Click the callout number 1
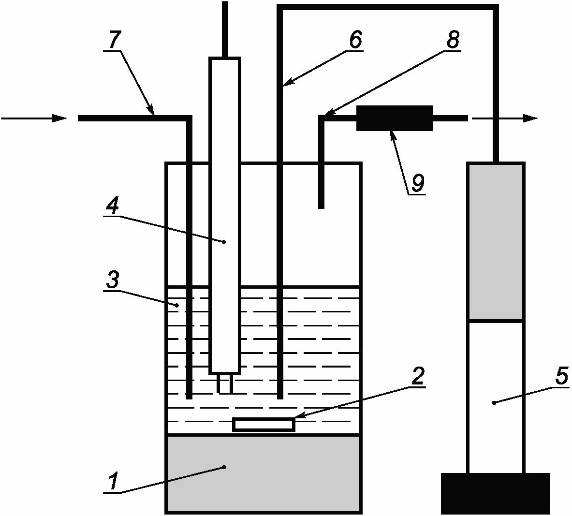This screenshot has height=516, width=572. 113,482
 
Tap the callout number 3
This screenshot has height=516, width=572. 113,280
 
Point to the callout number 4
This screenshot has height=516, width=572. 112,207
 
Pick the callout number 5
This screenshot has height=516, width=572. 561,377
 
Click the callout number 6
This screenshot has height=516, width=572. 355,40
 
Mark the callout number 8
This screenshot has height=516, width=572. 453,40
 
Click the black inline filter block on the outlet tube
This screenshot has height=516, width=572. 394,118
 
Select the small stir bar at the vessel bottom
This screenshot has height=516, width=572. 264,424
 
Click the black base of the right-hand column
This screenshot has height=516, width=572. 496,493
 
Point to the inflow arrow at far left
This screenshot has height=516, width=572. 34,118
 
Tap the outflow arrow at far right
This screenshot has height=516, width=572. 505,118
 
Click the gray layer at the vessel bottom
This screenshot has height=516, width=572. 264,473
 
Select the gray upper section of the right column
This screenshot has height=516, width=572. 496,242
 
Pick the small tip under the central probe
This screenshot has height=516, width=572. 225,384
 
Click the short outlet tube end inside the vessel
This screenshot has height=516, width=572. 321,193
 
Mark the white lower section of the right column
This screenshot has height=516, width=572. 496,397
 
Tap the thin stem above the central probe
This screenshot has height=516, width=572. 224,29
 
